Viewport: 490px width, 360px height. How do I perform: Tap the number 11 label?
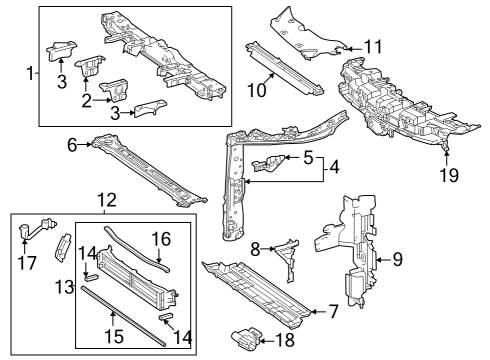tap(373, 47)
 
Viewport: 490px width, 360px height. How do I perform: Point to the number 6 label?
tap(72, 145)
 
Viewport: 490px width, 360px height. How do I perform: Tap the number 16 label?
tap(160, 241)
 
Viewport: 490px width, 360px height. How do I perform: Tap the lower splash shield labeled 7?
tap(250, 290)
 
